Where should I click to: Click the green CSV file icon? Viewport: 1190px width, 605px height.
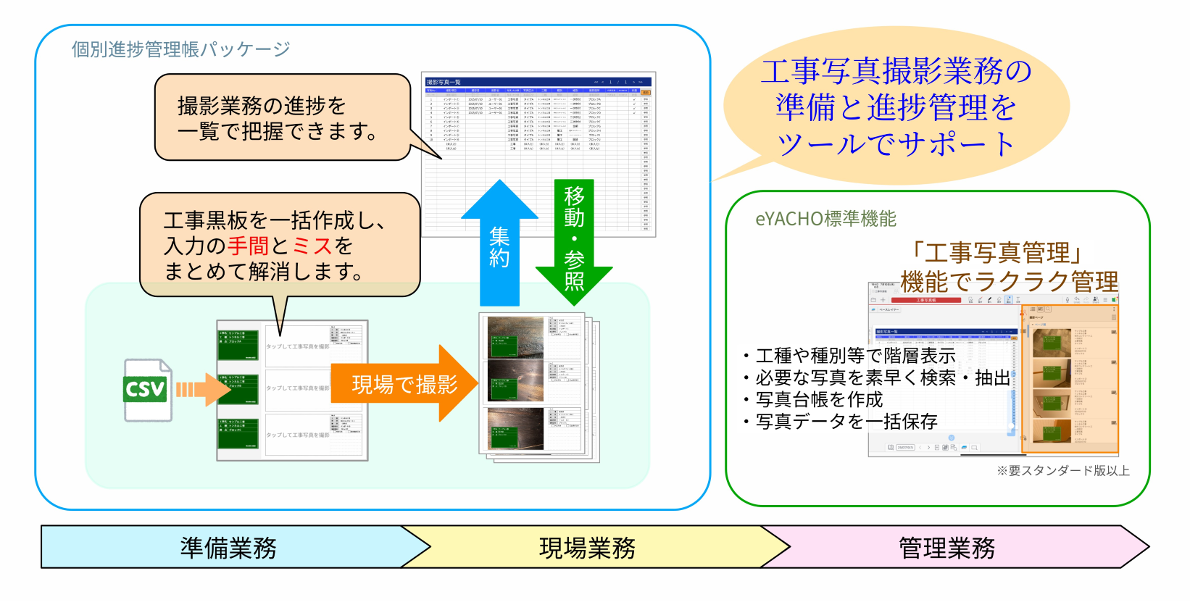tap(147, 390)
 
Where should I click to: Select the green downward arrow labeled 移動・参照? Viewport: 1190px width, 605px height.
tap(574, 239)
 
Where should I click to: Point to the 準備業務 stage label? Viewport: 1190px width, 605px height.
tap(228, 548)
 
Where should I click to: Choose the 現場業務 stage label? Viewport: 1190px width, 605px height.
tap(587, 548)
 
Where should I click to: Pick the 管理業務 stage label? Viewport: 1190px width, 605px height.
tap(946, 548)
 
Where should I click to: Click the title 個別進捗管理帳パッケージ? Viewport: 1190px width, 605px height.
tap(180, 49)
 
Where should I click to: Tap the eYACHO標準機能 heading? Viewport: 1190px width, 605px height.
tap(825, 219)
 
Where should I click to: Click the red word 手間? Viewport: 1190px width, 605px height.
tap(248, 246)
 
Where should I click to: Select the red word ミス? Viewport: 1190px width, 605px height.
tap(312, 246)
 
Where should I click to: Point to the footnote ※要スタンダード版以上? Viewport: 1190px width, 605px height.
tap(1062, 471)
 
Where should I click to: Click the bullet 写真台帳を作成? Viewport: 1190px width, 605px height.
tap(819, 400)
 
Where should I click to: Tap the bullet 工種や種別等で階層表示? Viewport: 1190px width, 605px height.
tap(855, 356)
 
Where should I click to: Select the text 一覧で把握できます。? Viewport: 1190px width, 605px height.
tap(278, 131)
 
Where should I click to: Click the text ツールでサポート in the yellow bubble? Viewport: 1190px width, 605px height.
tap(896, 143)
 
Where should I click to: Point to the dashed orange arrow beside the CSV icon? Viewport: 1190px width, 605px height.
tap(200, 390)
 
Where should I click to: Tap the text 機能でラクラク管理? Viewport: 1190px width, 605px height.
tap(1009, 281)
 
